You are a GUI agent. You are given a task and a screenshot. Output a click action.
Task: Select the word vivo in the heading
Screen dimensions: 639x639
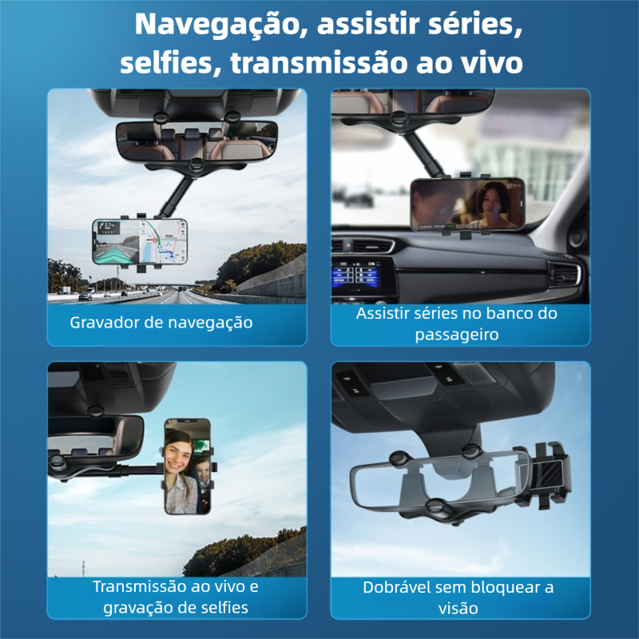coord(491,64)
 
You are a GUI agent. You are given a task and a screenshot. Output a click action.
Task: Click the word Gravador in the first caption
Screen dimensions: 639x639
coord(105,323)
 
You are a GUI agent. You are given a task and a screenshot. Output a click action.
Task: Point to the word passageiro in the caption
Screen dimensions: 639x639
coord(457,335)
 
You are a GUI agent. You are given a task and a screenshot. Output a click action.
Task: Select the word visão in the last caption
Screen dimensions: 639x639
coord(458,609)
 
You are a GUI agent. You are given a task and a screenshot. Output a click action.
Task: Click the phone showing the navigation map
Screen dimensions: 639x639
coord(140,241)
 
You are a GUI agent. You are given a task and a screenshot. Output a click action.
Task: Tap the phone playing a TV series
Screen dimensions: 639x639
coord(467,204)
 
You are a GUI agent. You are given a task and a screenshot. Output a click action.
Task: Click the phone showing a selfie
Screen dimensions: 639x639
coord(188,466)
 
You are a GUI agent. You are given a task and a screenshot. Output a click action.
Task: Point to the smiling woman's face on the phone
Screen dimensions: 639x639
coord(178,453)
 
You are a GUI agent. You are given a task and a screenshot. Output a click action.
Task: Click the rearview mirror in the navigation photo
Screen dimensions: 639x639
coord(196,141)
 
